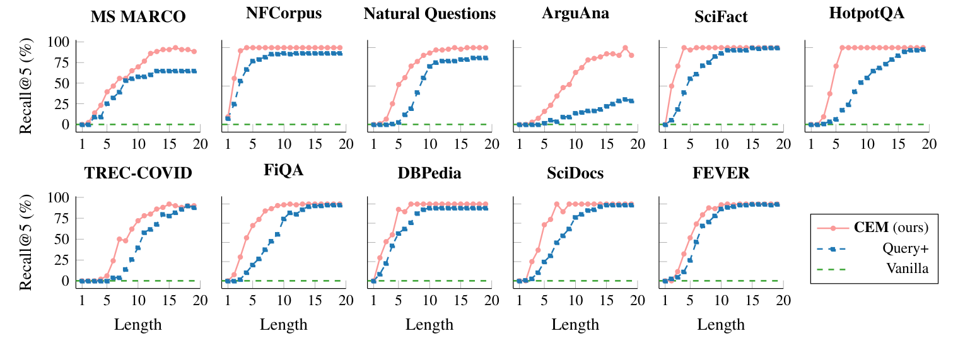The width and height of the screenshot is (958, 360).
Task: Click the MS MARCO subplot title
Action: pos(138,17)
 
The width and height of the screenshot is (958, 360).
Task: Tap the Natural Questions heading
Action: pos(429,15)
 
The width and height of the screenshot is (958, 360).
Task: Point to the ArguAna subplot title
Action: pos(576,15)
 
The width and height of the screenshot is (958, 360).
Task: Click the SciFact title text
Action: pos(721,17)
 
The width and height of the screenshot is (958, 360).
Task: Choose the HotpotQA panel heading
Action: pos(867,15)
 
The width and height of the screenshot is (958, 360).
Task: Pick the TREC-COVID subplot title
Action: pos(138,173)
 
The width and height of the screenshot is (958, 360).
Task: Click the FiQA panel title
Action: pos(284,171)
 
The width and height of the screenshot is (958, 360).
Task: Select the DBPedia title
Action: pos(429,173)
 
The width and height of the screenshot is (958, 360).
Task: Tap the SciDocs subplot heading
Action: pos(576,173)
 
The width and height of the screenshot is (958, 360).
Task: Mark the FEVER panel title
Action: pos(721,173)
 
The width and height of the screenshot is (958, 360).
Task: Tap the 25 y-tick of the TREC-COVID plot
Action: pos(63,260)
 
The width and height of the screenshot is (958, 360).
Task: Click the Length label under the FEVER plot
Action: pos(721,325)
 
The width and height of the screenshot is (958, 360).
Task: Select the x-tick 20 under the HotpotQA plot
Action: pos(929,143)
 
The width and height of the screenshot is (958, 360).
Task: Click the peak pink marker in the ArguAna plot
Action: pos(625,48)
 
